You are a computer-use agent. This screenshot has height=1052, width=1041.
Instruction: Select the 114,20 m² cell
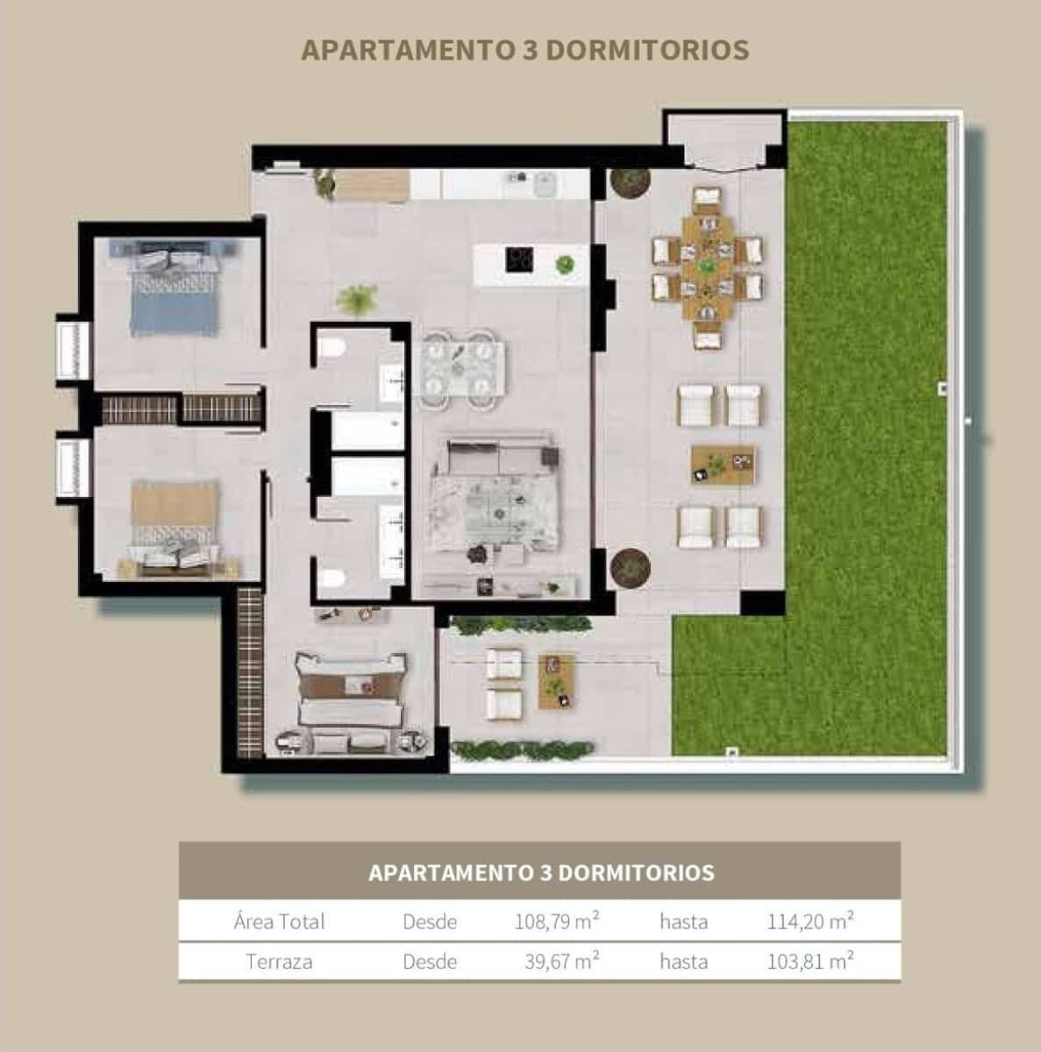pos(810,921)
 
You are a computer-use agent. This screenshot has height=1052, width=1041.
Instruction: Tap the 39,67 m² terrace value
pos(561,962)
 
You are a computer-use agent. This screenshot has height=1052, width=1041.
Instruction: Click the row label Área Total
pos(279,921)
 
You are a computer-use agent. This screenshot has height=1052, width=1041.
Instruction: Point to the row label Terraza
pos(279,962)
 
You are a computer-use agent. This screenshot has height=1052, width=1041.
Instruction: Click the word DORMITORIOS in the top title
pos(647,50)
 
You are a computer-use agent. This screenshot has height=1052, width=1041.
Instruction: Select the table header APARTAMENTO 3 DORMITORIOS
pos(540,873)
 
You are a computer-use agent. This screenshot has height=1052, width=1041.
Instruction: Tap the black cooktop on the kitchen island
pos(518,259)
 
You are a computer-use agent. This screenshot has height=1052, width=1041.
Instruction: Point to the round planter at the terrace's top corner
pos(631,182)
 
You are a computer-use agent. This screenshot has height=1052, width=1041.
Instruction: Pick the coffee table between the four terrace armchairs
pos(723,464)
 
